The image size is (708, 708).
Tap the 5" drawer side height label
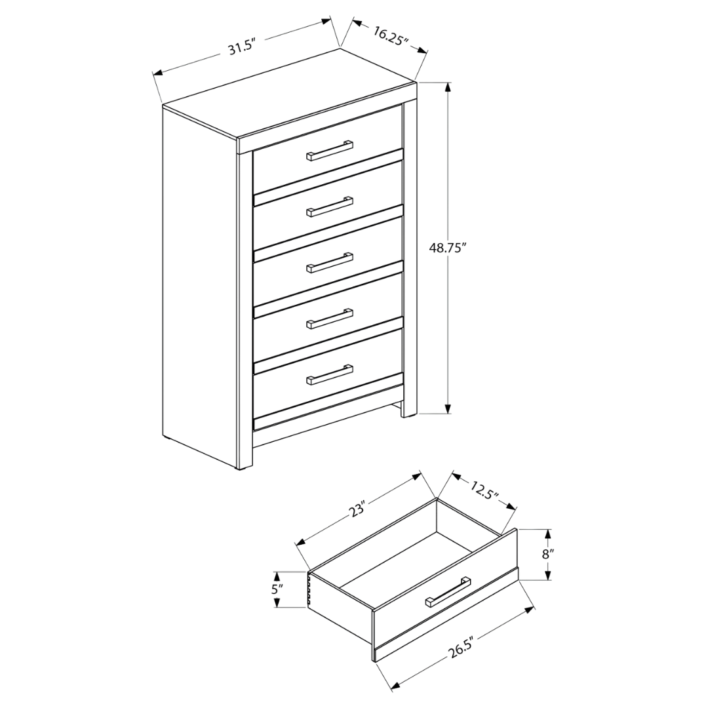coord(277,589)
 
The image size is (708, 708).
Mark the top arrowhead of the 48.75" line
coord(448,88)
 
